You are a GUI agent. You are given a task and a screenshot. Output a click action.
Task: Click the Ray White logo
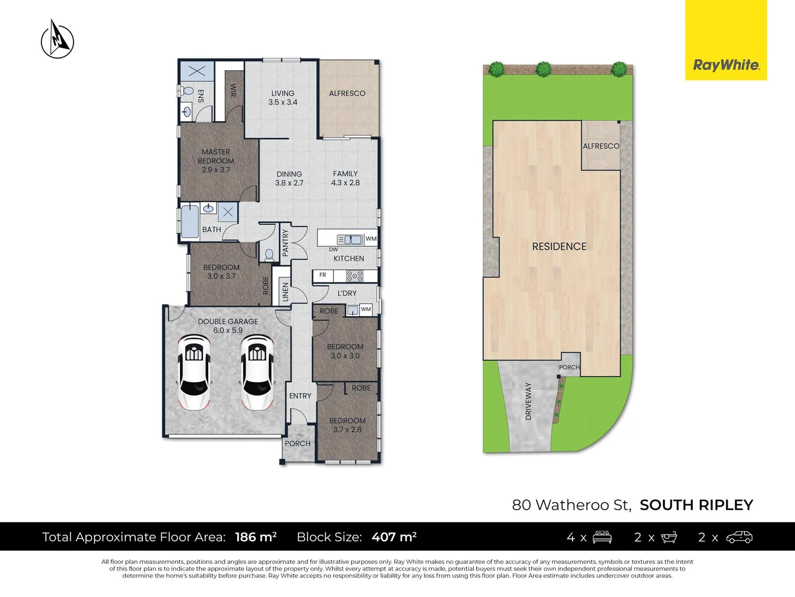click(726, 65)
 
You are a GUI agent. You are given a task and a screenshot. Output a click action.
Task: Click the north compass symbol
click(57, 40)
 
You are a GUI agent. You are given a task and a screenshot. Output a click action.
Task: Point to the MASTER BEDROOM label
click(216, 160)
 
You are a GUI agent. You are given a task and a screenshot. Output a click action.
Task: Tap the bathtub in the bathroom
click(190, 221)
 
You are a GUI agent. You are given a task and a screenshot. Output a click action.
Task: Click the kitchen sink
click(349, 239)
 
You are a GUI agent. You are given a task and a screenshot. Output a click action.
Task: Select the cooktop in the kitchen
click(354, 276)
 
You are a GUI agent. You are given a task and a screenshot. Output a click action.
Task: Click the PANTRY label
click(285, 243)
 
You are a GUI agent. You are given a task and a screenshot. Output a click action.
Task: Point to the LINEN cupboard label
click(285, 292)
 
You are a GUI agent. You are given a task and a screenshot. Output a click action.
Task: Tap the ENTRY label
click(300, 396)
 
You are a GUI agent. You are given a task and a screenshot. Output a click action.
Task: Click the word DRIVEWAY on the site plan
click(528, 401)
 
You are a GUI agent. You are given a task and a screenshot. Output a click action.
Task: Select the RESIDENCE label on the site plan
click(559, 247)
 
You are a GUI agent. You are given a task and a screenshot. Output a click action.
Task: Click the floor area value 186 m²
click(256, 537)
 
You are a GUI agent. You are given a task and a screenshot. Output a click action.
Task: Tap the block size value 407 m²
click(394, 537)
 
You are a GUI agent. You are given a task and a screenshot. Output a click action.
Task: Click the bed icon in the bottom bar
click(602, 537)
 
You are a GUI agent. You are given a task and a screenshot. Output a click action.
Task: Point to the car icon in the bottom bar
click(739, 537)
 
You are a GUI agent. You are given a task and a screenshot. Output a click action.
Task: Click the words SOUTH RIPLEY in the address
click(696, 505)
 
